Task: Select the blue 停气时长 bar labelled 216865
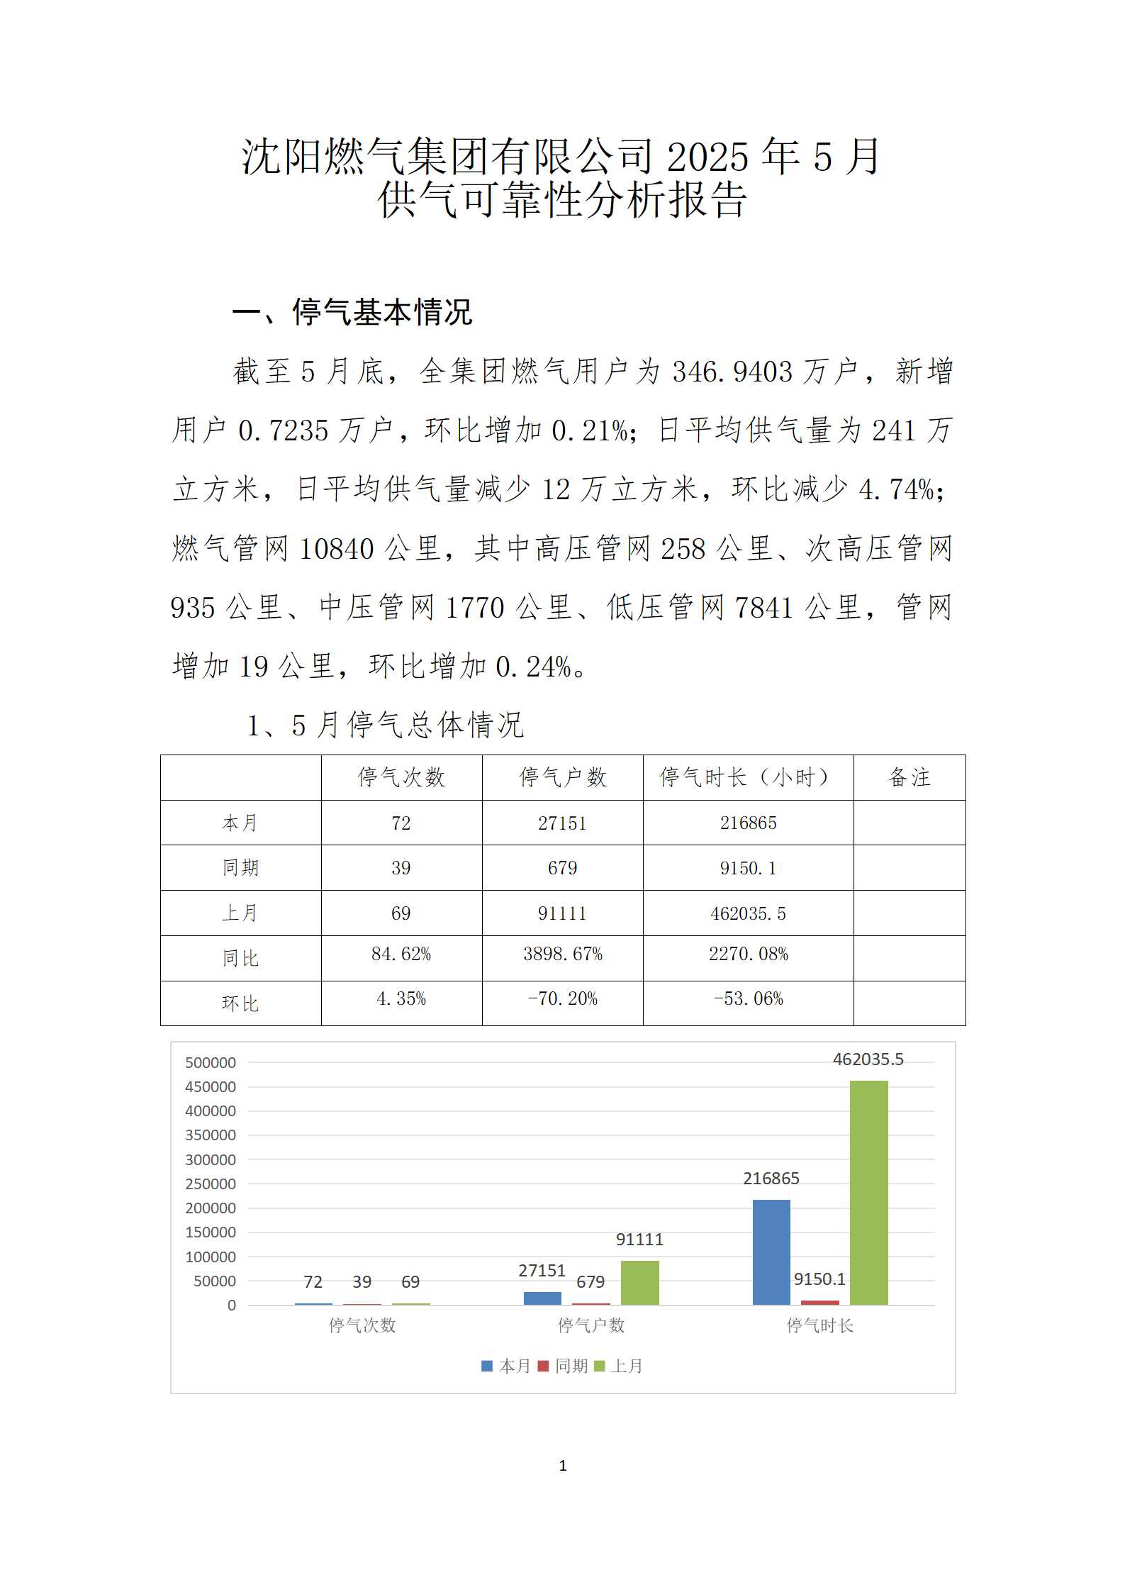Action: point(771,1252)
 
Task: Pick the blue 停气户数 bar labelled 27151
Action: point(542,1298)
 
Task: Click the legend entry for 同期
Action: point(564,1366)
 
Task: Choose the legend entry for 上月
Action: point(620,1366)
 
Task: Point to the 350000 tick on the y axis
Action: point(211,1135)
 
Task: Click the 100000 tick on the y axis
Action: point(211,1257)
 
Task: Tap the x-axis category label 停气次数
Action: point(362,1325)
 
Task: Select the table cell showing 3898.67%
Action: point(563,954)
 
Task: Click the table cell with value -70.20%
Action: point(563,999)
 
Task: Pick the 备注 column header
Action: point(909,777)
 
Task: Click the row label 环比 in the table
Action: point(240,1003)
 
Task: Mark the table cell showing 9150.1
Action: point(748,868)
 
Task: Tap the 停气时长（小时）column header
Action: point(748,777)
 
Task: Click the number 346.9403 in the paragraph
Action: point(732,372)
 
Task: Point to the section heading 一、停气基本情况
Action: point(352,312)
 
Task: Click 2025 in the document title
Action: point(707,157)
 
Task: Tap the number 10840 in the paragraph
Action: point(337,549)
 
